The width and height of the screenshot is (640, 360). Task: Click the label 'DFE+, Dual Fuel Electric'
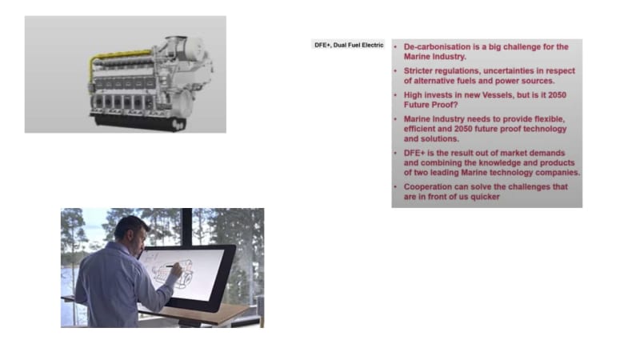pyautogui.click(x=349, y=45)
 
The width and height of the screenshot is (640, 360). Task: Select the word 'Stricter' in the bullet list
pyautogui.click(x=418, y=71)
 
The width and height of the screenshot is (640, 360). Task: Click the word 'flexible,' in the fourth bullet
pyautogui.click(x=546, y=119)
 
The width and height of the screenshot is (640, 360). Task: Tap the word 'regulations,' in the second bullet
pyautogui.click(x=458, y=71)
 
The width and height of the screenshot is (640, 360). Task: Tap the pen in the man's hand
pyautogui.click(x=173, y=266)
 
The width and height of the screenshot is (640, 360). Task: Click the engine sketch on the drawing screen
pyautogui.click(x=172, y=272)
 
